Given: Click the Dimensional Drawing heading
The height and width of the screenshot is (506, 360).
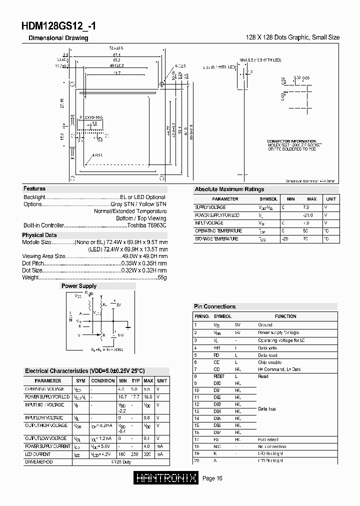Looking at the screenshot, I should coord(58,38).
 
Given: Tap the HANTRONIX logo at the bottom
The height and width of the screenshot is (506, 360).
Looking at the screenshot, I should coord(167,478).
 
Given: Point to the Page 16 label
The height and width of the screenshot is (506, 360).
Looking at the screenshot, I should coord(212,478).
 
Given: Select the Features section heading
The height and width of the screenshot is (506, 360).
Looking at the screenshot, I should coord(34,188).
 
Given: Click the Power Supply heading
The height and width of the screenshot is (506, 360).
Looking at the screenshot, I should coord(79,286).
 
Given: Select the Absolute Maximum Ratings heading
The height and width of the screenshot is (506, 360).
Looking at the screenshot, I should coord(229,189).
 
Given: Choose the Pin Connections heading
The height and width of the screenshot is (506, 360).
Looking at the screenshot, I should coord(214,306).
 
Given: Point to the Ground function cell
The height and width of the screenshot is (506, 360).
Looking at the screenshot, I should coord(265,325).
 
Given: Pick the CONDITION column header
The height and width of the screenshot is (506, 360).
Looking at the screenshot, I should coord(103,381).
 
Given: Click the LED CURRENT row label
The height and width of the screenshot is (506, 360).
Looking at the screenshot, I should coord(38,453).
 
